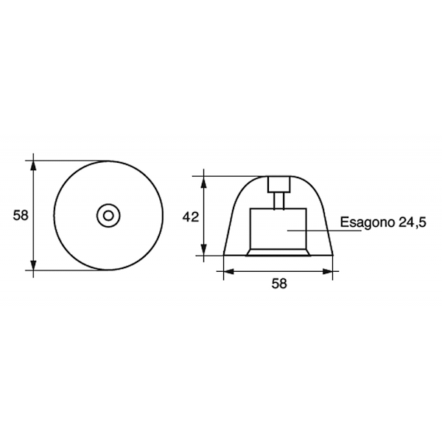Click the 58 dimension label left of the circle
21,215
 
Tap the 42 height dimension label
191,217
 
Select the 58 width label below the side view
279,284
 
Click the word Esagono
367,222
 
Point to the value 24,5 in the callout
412,222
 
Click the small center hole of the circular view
108,216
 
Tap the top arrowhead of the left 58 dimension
33,166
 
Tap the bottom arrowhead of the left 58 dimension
33,265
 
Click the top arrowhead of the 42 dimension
203,182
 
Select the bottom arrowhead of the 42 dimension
203,250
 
